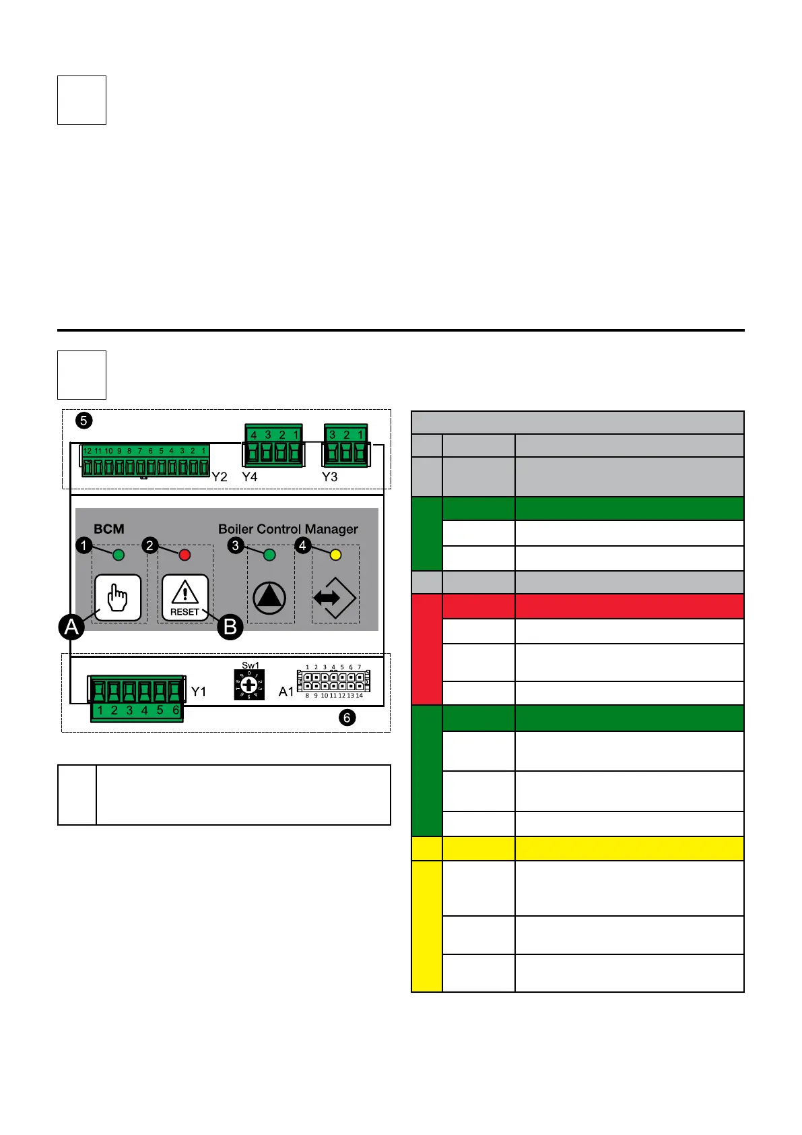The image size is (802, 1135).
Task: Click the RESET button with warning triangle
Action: [185, 597]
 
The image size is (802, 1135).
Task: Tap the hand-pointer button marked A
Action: [118, 597]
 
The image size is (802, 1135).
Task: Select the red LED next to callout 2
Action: [185, 555]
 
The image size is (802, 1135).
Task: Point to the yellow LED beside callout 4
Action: [335, 555]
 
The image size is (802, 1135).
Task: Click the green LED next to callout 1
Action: [119, 555]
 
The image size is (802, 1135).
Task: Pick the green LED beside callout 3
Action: [269, 555]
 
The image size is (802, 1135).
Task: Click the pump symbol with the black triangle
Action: [269, 598]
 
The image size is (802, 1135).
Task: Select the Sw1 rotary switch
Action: [249, 685]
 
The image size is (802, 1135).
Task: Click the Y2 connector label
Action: [220, 477]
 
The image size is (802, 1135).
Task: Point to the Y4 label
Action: [250, 477]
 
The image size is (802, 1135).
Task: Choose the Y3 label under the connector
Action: [329, 477]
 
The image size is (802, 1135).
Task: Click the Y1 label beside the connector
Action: [199, 692]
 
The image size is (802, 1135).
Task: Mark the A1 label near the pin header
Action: [286, 692]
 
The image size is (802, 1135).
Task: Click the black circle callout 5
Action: [83, 421]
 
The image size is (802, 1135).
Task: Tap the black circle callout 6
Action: [347, 718]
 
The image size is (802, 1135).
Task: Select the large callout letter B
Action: [230, 627]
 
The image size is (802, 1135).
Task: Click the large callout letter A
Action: [71, 627]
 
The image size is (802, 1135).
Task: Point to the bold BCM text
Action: [109, 529]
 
